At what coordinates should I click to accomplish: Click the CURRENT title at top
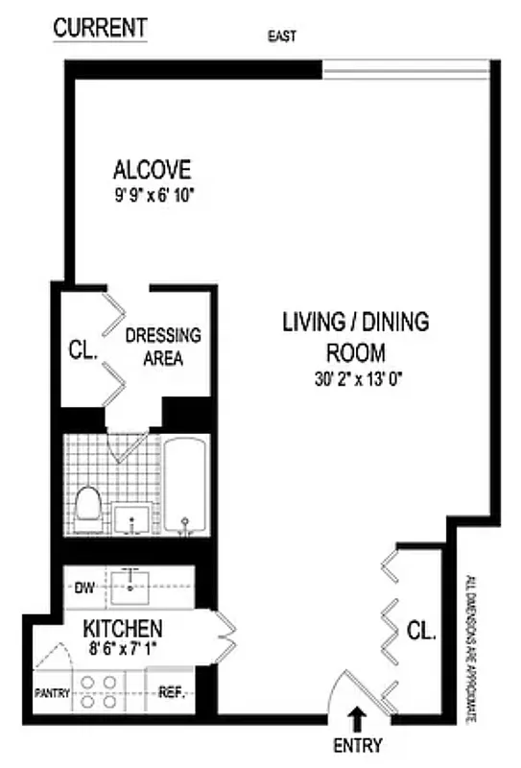tap(100, 28)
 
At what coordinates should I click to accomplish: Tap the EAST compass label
tap(283, 37)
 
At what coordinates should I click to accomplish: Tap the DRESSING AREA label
tap(163, 347)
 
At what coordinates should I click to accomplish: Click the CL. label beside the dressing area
tap(83, 351)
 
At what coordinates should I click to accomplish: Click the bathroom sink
tap(130, 518)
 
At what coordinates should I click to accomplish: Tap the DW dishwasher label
tap(83, 588)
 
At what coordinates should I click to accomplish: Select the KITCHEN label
tap(122, 629)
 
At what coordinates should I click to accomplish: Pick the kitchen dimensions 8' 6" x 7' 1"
tap(122, 649)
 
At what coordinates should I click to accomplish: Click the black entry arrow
tap(358, 716)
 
